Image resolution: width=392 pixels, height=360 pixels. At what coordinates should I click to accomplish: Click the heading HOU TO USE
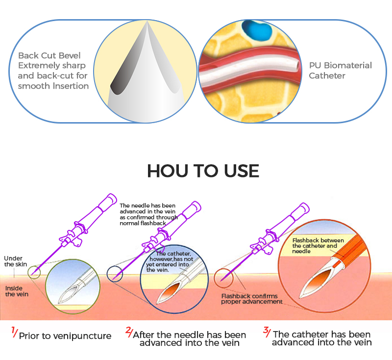pyautogui.click(x=203, y=171)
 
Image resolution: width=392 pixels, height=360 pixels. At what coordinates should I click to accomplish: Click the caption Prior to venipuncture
pyautogui.click(x=65, y=336)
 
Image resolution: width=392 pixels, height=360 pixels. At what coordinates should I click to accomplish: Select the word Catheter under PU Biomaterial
pyautogui.click(x=327, y=76)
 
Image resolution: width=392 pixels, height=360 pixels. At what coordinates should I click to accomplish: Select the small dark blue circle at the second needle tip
pyautogui.click(x=115, y=273)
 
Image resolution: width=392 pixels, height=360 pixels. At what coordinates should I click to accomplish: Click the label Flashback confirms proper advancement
pyautogui.click(x=251, y=299)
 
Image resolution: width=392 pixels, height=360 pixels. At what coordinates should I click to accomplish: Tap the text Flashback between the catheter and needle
pyautogui.click(x=314, y=245)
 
